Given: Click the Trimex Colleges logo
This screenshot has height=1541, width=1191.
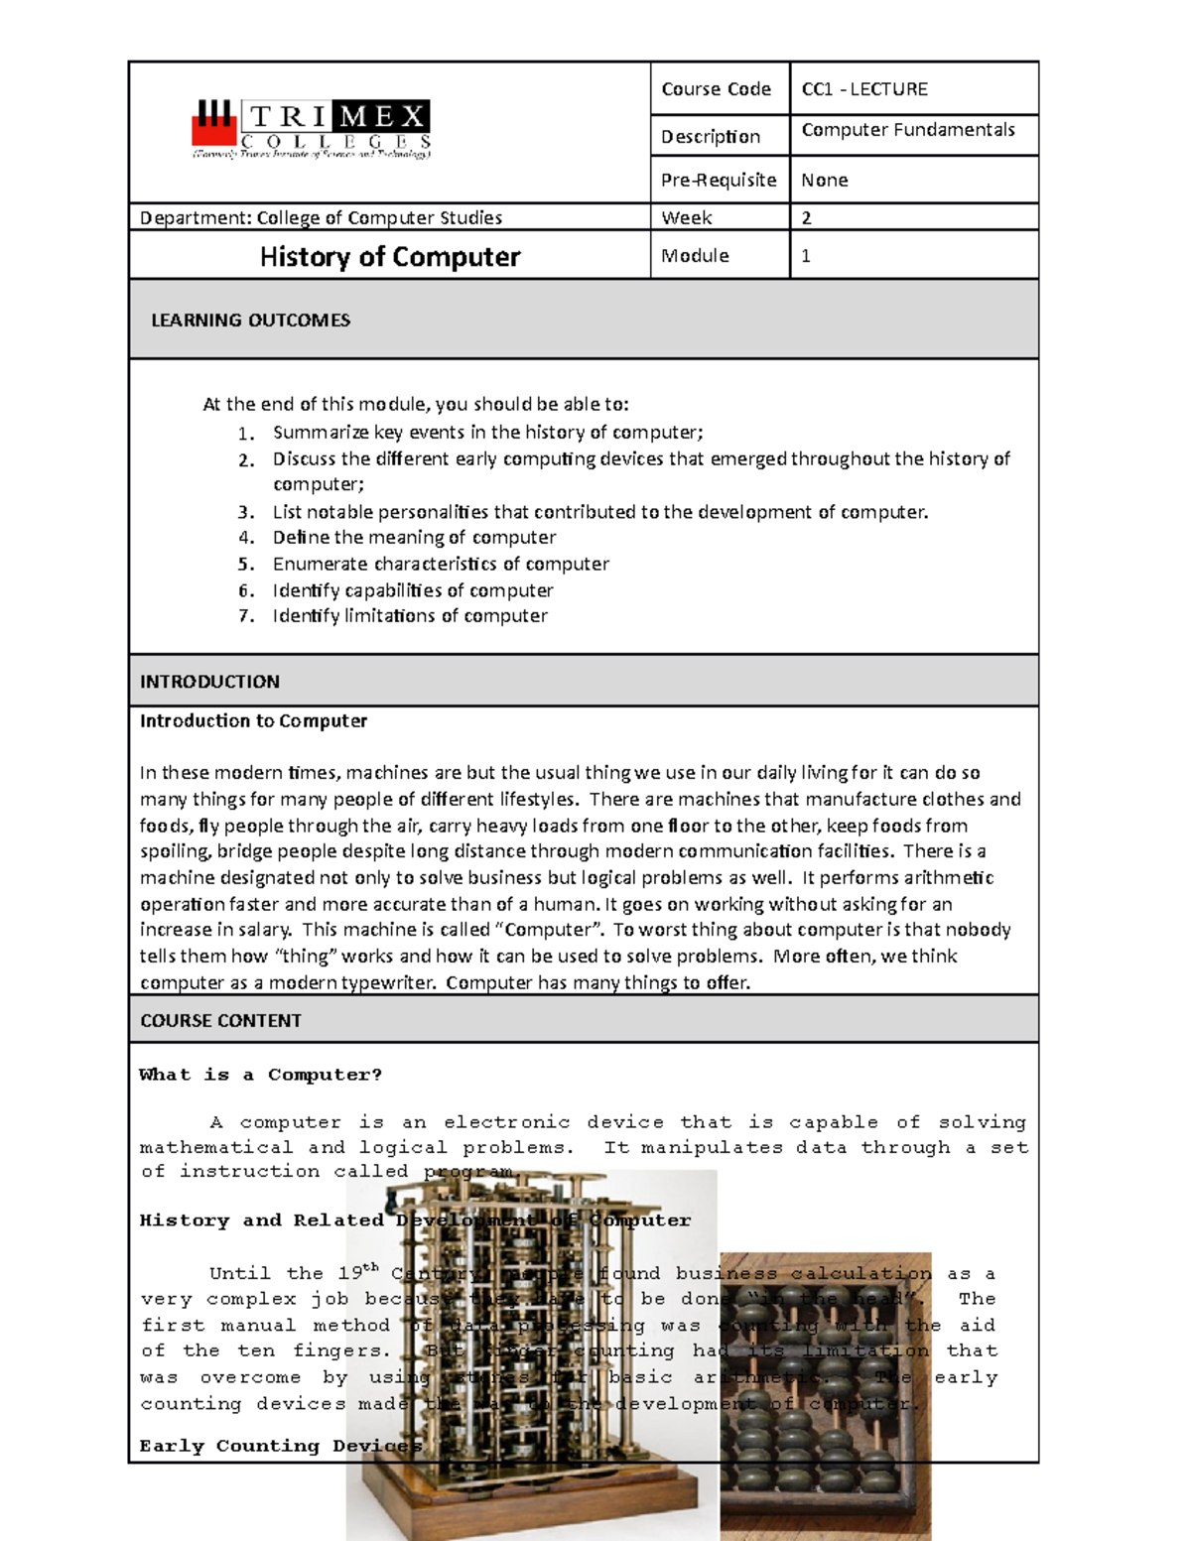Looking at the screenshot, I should click(x=311, y=129).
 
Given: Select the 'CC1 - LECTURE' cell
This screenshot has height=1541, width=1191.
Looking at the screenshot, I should click(x=863, y=89).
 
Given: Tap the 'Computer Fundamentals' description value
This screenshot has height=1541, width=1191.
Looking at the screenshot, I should click(x=907, y=130).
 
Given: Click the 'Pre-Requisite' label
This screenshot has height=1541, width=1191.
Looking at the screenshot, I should click(x=719, y=180).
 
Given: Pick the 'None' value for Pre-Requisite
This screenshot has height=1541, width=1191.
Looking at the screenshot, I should click(x=824, y=180).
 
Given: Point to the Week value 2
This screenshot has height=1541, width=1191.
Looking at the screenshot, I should click(x=806, y=217).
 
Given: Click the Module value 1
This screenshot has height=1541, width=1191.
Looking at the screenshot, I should click(x=806, y=256).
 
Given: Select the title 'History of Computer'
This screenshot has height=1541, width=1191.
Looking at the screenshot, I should click(x=389, y=257).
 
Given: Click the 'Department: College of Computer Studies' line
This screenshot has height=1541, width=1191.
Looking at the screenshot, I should click(x=321, y=217).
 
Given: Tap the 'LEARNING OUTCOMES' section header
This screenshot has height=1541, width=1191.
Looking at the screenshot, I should click(x=250, y=321).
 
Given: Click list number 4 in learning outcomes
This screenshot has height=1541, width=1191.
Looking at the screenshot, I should click(x=246, y=538).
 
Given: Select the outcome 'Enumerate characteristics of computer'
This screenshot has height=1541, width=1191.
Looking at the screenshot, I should click(x=441, y=564).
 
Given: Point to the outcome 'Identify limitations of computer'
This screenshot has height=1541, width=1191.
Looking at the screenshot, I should click(x=410, y=616).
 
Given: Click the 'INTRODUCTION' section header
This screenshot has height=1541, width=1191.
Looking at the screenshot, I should click(x=209, y=682).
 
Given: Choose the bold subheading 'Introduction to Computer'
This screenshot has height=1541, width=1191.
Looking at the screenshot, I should click(x=253, y=721).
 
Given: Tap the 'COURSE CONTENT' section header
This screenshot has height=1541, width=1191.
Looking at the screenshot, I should click(x=220, y=1021).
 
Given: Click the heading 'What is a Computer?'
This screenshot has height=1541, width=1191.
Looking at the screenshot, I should click(x=260, y=1075).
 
